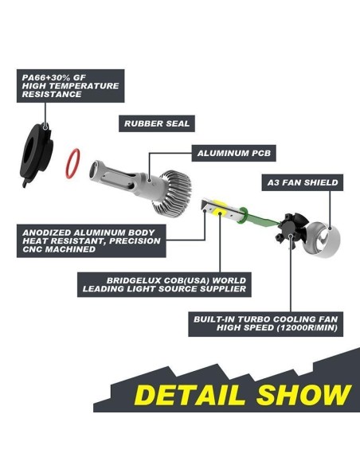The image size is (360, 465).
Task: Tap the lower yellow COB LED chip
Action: tap(220, 213)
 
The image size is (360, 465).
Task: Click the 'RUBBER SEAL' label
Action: tap(157, 123)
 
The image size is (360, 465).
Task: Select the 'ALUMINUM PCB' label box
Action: tap(233, 153)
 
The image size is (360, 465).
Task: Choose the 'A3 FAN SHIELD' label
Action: tap(303, 182)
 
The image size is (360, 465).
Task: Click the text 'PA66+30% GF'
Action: tap(53, 78)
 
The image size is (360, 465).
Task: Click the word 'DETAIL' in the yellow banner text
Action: tap(190, 395)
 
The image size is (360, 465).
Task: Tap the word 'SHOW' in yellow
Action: tap(304, 395)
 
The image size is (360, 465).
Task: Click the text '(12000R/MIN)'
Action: tap(307, 328)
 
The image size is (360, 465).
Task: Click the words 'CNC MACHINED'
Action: tap(59, 249)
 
